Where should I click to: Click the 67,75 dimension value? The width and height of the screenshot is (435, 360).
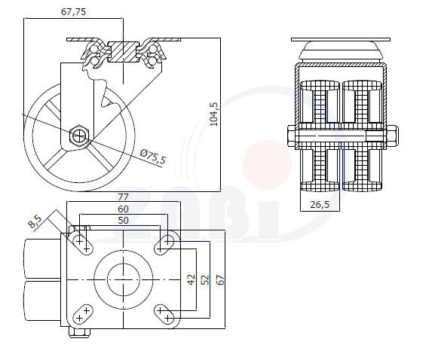(x=73, y=11)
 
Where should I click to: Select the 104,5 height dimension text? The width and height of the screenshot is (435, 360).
(x=214, y=114)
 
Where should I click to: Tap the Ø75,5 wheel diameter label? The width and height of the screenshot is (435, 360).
(x=153, y=157)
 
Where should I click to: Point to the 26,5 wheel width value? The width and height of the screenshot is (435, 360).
(x=320, y=205)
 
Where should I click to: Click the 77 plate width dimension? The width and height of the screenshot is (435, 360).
(x=123, y=197)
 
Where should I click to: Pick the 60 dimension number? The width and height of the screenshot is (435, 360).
(x=123, y=209)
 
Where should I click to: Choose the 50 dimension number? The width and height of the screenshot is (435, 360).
(x=123, y=221)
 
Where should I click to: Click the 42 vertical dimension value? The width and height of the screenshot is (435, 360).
(x=191, y=279)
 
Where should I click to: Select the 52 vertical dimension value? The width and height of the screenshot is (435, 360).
(x=205, y=279)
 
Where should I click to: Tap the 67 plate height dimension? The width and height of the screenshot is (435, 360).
(x=221, y=279)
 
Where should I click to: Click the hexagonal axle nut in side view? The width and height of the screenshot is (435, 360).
(x=80, y=135)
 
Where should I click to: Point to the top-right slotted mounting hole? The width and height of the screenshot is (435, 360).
(x=164, y=244)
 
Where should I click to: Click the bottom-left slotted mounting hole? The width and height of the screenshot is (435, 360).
(x=83, y=314)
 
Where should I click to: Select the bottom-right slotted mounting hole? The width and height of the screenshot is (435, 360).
(x=164, y=314)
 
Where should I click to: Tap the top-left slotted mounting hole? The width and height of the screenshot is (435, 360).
(x=83, y=244)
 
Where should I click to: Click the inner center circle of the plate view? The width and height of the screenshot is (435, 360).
(x=123, y=279)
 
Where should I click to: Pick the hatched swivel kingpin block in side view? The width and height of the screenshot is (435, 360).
(x=123, y=52)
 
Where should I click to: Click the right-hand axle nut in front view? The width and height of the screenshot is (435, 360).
(x=392, y=136)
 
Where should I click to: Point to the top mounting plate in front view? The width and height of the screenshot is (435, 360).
(x=341, y=40)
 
